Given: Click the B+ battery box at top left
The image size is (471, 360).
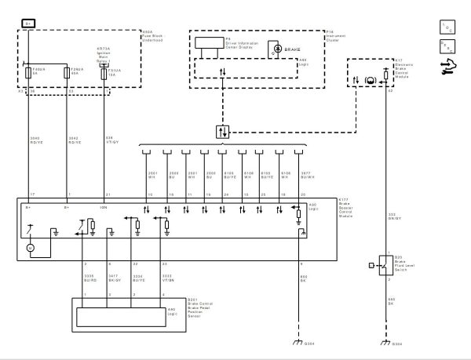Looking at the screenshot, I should [29, 23].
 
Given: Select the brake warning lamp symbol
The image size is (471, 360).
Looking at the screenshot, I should [276, 47].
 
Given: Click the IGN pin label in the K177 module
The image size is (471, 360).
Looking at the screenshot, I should [104, 209].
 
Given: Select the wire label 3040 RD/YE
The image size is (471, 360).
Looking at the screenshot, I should [33, 141].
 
